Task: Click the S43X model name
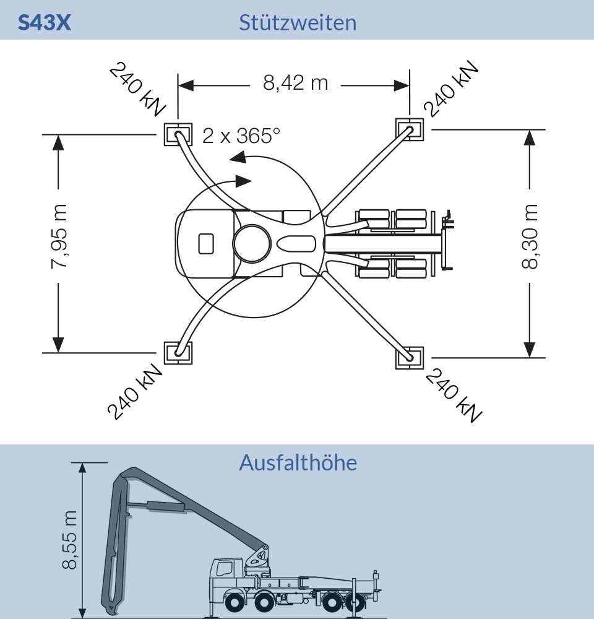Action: coord(44,22)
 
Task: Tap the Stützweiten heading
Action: coord(298,22)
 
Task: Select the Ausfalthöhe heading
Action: coord(298,462)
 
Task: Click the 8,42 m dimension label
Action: coord(296,84)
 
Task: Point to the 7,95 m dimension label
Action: coord(59,237)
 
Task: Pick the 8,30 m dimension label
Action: coord(530,237)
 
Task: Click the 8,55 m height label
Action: coord(70,540)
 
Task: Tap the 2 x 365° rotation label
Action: coord(241,136)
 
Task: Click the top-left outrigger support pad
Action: coord(178,134)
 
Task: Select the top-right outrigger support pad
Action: coord(410,129)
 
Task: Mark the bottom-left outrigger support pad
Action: coord(178,353)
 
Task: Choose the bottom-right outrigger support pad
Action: coord(410,358)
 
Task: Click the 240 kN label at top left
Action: coord(137,90)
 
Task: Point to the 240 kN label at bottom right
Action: coord(454,396)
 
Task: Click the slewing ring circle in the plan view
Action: coord(252,243)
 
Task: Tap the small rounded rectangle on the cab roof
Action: coord(205,243)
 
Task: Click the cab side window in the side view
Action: coord(224,569)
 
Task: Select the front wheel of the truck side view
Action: coord(235,603)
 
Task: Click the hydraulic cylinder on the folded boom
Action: coord(166,507)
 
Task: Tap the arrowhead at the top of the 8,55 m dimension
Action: coord(82,468)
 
